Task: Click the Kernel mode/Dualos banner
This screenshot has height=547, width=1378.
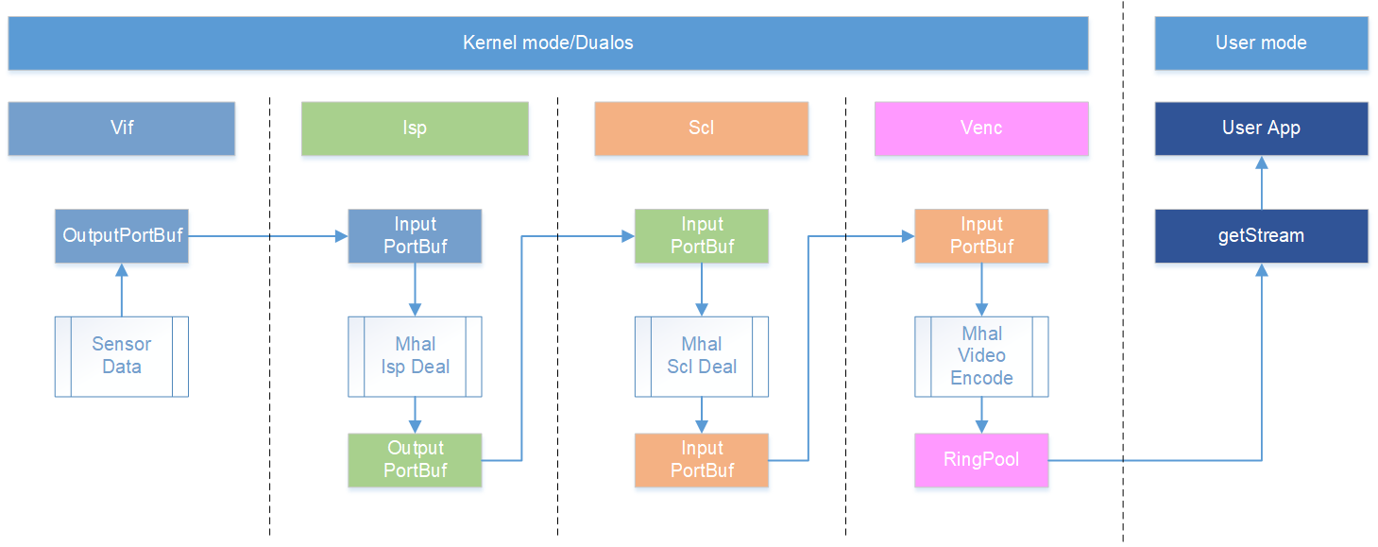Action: tap(548, 43)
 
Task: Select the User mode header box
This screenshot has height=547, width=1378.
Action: tap(1261, 43)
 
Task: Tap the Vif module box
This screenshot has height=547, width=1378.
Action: tap(122, 128)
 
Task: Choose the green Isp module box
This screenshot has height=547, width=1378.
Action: tap(415, 128)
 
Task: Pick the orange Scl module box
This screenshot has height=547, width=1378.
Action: tap(702, 128)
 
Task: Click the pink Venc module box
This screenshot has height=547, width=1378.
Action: tap(981, 128)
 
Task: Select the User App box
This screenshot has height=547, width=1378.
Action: tap(1261, 128)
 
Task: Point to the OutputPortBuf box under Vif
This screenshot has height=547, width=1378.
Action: tap(122, 235)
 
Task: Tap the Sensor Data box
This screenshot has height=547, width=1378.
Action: tap(122, 356)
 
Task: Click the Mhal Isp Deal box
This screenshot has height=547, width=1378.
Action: tap(415, 356)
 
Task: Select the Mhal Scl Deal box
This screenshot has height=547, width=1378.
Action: tap(702, 356)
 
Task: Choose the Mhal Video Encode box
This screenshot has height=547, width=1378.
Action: tap(981, 356)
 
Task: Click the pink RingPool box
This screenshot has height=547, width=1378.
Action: tap(981, 460)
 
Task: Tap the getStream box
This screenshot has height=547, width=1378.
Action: tap(1261, 235)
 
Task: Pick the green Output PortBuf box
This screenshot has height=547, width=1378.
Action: tap(415, 460)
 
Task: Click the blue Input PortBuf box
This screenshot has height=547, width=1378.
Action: tap(415, 235)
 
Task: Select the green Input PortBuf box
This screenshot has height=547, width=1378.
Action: tap(702, 235)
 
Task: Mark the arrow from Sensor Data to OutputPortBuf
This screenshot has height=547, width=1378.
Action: tap(122, 290)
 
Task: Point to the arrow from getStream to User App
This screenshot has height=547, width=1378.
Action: tap(1262, 182)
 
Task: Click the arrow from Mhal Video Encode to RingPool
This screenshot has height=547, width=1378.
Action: tap(982, 416)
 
